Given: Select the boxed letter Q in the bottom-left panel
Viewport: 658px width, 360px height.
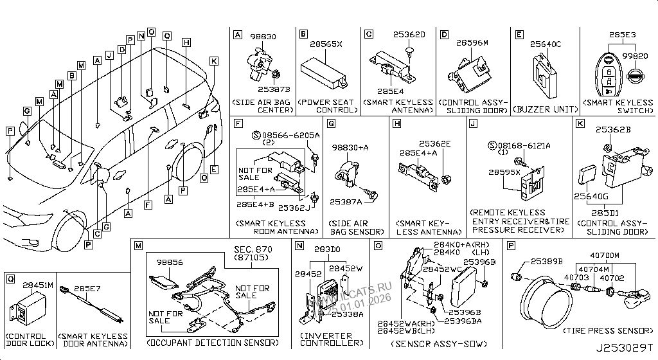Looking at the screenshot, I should [x=10, y=278].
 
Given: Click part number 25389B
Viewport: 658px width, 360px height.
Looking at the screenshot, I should [x=546, y=262].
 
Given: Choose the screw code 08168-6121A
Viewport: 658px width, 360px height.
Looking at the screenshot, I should [x=526, y=146].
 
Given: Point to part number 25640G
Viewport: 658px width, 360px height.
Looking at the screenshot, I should [x=587, y=195].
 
